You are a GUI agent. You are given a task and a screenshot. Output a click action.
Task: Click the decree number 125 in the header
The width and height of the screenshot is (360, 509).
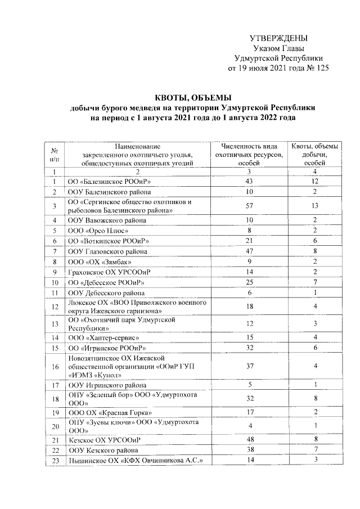pyautogui.click(x=319, y=68)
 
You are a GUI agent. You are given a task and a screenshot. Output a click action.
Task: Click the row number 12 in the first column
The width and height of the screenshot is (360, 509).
pyautogui.click(x=55, y=307)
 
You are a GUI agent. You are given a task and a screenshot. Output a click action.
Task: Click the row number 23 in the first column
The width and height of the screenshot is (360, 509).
pyautogui.click(x=55, y=461)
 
